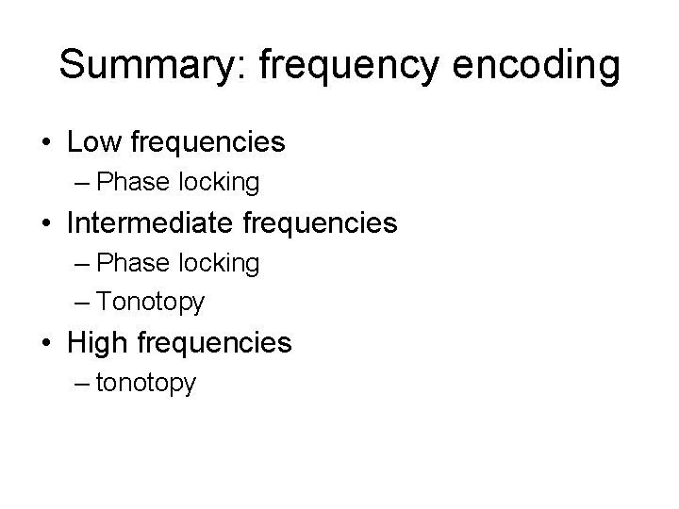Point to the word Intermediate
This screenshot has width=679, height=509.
pyautogui.click(x=156, y=224)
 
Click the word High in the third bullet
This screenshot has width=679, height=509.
pyautogui.click(x=98, y=343)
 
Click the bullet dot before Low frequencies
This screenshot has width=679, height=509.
pyautogui.click(x=46, y=143)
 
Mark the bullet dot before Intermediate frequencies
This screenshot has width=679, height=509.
pyautogui.click(x=46, y=225)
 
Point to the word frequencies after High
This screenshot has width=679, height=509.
pyautogui.click(x=214, y=343)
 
